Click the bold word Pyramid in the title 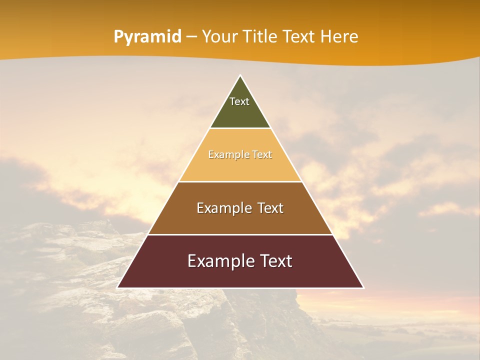pos(147,37)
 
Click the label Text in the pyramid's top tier pos(239,101)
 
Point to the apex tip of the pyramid pos(240,76)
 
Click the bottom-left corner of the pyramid pos(118,287)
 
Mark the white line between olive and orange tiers pos(240,128)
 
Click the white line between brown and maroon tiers pos(240,234)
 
